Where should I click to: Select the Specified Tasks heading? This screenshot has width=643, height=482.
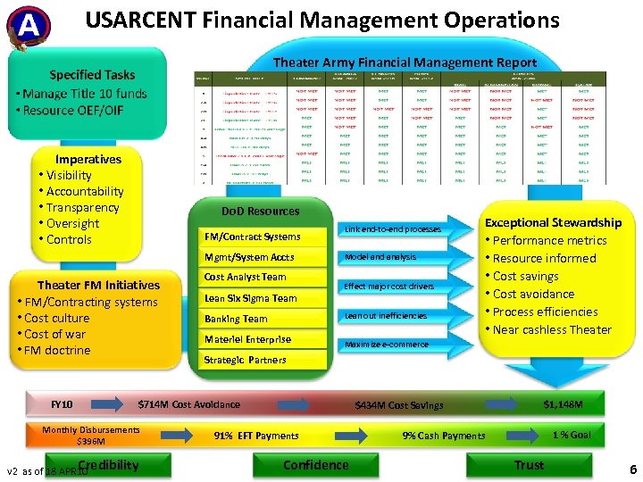(92, 75)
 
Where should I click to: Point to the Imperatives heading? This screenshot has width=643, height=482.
(88, 159)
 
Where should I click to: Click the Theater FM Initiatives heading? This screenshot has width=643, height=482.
(98, 285)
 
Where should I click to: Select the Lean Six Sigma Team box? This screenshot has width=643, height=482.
(251, 298)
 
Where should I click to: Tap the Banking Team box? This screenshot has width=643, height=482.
(236, 319)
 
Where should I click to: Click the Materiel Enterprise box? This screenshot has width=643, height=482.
(248, 339)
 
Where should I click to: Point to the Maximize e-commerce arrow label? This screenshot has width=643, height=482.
(386, 345)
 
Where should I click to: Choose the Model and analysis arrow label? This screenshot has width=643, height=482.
(380, 257)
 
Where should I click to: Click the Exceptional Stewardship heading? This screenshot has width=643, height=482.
(553, 222)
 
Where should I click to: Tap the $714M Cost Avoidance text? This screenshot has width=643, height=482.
(188, 404)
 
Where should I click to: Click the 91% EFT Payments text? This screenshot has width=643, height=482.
(256, 436)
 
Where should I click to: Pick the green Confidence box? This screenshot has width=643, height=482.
(316, 465)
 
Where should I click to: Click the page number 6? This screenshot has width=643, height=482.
(632, 470)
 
